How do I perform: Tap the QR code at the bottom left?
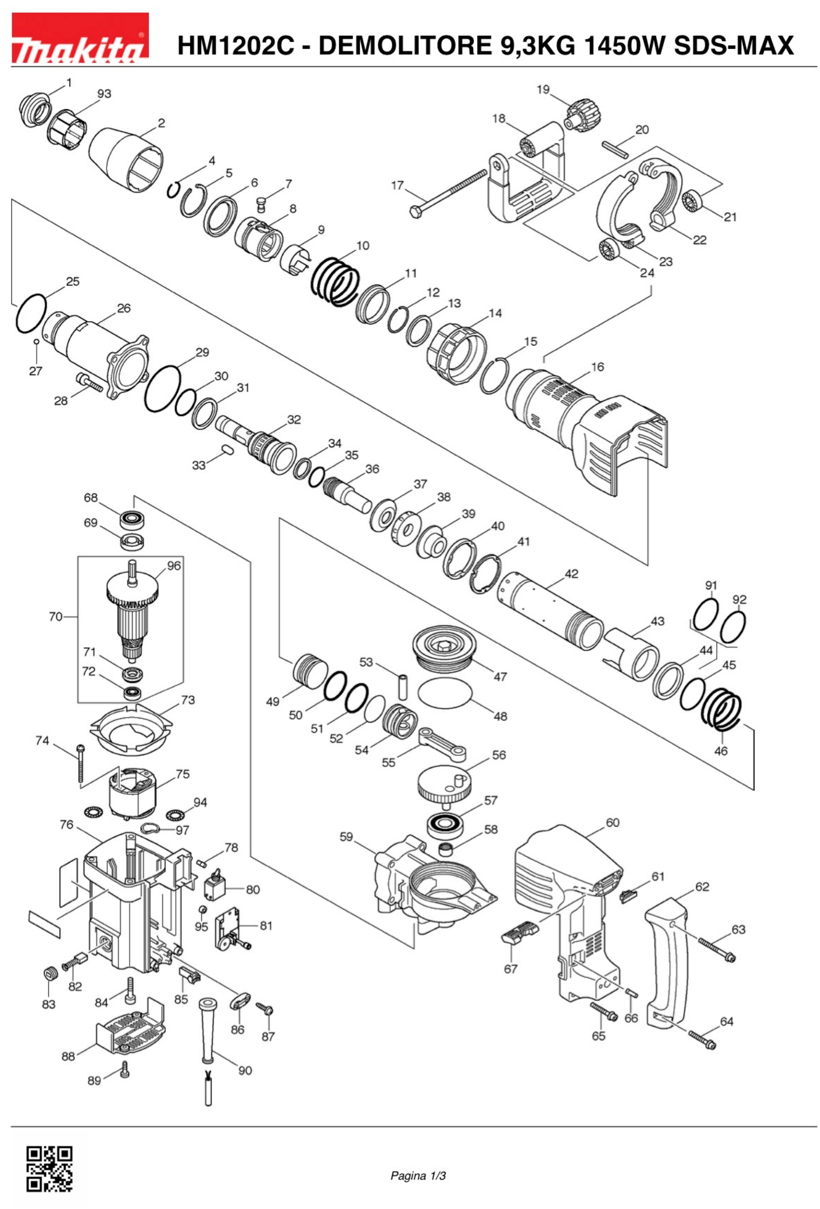(x=49, y=1169)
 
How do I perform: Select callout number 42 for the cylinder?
(x=571, y=574)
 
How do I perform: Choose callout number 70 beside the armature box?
(x=55, y=616)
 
